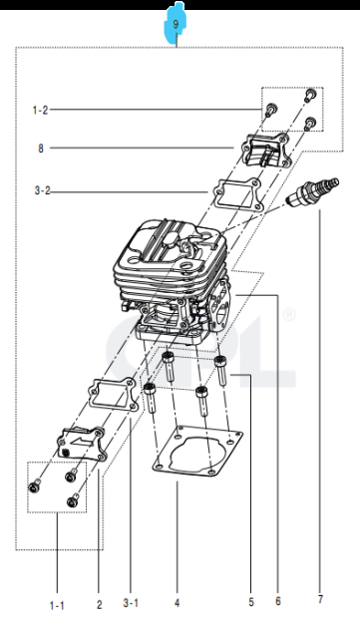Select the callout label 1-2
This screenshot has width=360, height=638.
coord(40,109)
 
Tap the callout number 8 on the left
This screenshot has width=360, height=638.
coord(41,149)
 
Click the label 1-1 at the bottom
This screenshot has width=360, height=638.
coord(56,603)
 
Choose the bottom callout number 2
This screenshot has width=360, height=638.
coord(99,603)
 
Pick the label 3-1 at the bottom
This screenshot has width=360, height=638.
coord(131,603)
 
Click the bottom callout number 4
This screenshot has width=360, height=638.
coord(177,603)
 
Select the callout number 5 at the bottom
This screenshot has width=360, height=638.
coord(250,603)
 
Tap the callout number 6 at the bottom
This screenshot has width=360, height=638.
coord(278,601)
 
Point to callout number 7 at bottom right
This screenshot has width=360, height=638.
coord(319,599)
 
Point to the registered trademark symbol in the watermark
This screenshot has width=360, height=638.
coord(289,315)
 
